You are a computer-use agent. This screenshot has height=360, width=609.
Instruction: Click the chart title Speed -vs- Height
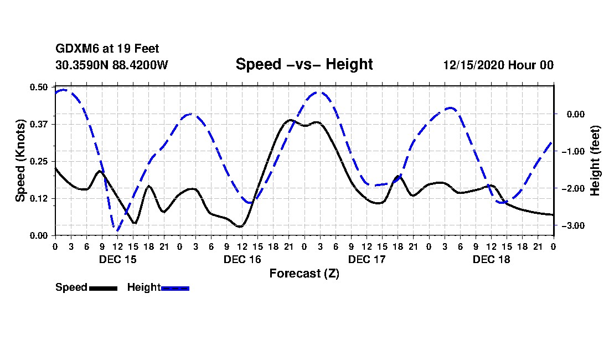click(x=304, y=64)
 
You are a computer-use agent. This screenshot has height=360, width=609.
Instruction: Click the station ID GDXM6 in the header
click(x=74, y=49)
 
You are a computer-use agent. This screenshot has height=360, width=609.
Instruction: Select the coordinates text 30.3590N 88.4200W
click(x=112, y=65)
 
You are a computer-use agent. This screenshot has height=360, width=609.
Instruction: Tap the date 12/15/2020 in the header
click(x=473, y=65)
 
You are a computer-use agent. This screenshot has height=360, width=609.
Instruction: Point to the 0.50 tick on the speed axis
click(x=39, y=87)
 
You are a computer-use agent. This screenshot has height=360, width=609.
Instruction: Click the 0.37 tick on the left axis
click(x=39, y=124)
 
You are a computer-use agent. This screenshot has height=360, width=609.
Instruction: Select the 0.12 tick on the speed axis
click(x=39, y=198)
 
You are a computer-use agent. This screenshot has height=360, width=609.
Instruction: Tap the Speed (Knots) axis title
click(x=20, y=161)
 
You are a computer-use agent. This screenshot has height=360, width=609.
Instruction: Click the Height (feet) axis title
click(x=595, y=161)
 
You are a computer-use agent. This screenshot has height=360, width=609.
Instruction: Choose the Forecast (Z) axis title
click(x=304, y=273)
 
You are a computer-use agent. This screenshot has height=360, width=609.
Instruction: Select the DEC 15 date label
click(x=117, y=259)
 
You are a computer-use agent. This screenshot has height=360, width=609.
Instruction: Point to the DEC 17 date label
click(x=367, y=259)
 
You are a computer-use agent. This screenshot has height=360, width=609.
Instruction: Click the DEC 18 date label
click(x=491, y=259)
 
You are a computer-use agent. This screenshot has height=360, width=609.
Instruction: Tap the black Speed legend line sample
click(x=102, y=288)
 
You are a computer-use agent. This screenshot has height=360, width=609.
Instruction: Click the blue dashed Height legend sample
click(x=175, y=288)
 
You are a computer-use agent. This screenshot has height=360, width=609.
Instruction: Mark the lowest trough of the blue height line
click(x=117, y=230)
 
